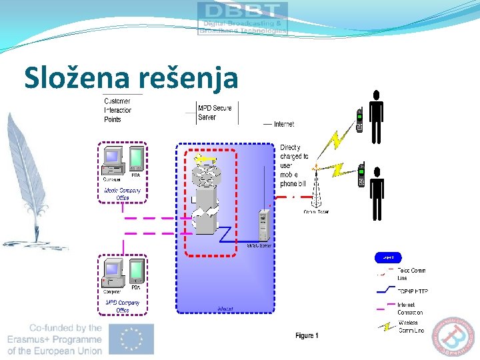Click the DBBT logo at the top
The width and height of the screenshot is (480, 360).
[243, 18]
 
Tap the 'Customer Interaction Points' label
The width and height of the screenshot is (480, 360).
[118, 110]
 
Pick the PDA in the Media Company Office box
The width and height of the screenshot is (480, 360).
[136, 159]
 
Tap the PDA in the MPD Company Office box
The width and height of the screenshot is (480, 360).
[136, 271]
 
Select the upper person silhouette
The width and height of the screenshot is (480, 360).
[377, 117]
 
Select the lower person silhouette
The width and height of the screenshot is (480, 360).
[377, 190]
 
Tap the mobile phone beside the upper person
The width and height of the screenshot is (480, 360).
[359, 120]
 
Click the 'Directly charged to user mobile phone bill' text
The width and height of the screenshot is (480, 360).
[294, 165]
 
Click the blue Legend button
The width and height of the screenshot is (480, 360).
[389, 257]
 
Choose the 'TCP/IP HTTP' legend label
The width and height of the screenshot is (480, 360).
[412, 291]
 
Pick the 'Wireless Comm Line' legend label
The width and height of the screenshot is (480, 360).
[412, 327]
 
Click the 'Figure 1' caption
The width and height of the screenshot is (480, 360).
[307, 335]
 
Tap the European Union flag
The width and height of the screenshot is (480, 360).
[131, 339]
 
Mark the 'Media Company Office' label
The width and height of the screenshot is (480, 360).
[123, 194]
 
